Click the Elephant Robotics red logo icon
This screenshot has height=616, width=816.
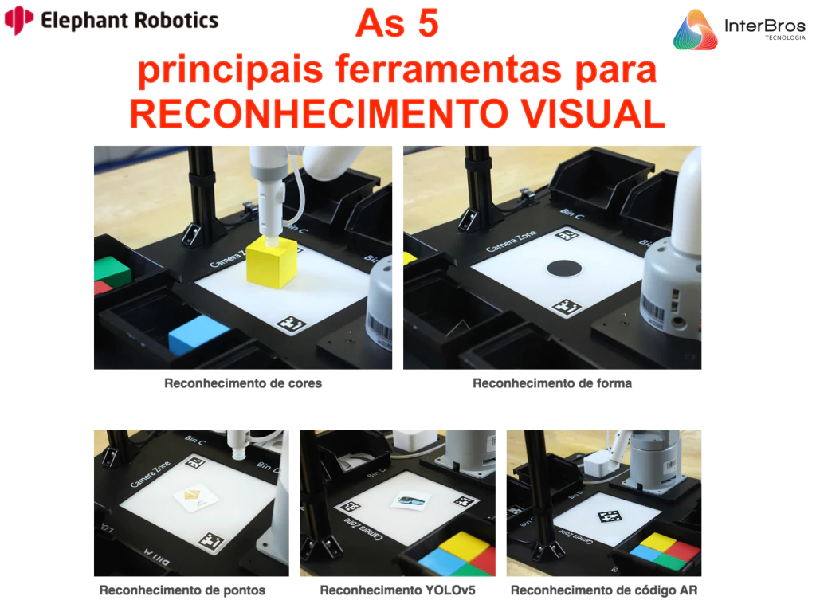(18, 19)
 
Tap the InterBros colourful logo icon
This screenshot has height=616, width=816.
(695, 29)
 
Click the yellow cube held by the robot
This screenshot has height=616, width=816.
(272, 262)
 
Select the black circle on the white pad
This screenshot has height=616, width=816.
(567, 269)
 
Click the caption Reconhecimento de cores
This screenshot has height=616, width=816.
(243, 383)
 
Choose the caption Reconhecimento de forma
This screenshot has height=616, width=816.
(552, 383)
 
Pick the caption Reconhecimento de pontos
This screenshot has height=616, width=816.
(182, 590)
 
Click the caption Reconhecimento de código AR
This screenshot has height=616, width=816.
(604, 590)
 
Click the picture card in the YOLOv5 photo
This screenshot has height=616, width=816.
(410, 500)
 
